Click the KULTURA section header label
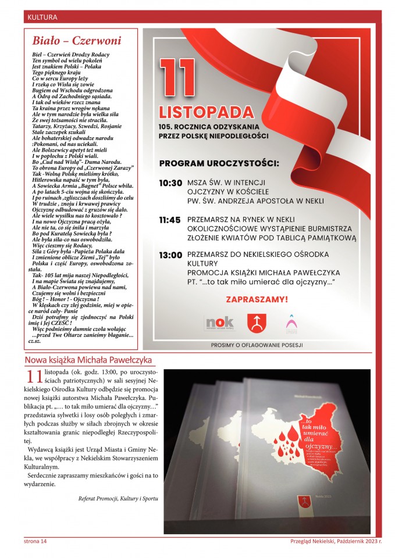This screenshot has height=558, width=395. (x=42, y=17)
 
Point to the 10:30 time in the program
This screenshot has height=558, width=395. (x=170, y=183)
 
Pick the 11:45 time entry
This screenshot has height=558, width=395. (x=170, y=220)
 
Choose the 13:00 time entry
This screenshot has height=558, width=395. (x=170, y=255)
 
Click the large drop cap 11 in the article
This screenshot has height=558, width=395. (x=33, y=378)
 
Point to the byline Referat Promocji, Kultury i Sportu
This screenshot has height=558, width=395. (x=118, y=498)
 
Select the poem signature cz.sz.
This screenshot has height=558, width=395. (x=38, y=342)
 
